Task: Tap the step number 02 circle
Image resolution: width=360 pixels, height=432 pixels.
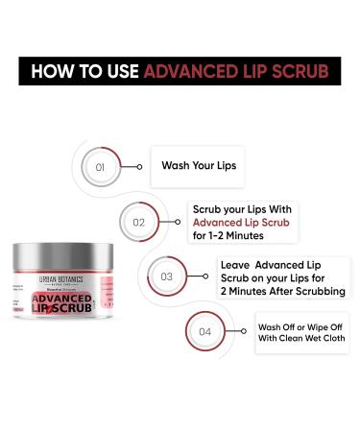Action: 139,222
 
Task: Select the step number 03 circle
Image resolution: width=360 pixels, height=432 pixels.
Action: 166,276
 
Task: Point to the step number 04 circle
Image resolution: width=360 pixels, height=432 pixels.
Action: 204,332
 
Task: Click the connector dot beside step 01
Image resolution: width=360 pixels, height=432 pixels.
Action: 140,167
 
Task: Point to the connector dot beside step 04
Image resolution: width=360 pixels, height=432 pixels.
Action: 246,332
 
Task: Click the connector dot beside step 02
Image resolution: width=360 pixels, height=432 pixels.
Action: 180,222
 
